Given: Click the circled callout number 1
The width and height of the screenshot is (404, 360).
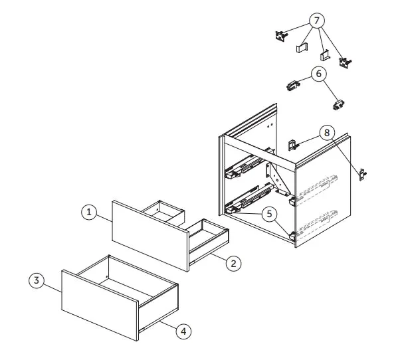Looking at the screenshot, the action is [89, 212].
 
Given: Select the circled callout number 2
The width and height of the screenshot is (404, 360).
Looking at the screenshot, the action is [233, 263].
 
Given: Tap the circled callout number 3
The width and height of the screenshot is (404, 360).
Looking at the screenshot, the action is [37, 280].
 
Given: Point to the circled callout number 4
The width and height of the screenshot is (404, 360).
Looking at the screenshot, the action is [183, 331].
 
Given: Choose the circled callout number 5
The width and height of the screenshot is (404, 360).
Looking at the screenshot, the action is [269, 214].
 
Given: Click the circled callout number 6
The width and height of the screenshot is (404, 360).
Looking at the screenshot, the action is [319, 74].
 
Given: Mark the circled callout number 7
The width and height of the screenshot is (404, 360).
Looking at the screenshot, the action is [317, 21].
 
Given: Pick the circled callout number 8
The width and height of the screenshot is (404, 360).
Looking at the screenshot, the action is [327, 133].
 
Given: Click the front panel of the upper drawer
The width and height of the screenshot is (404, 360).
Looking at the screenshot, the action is [150, 236].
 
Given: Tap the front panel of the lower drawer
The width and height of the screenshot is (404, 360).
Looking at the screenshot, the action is [100, 306].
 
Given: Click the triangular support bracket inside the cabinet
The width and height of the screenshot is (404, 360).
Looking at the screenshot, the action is [278, 179].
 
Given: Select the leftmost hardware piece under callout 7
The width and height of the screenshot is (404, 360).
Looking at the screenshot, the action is [281, 36].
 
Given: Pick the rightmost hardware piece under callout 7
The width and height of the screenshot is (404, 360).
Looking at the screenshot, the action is [345, 62].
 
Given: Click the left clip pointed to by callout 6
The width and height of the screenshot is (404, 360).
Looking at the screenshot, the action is [293, 86].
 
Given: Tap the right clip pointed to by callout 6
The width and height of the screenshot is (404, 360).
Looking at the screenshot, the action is [339, 105].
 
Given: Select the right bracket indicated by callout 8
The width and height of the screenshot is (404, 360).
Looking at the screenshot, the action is [363, 175].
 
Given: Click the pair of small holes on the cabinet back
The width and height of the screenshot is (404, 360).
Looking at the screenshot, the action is [270, 126].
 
